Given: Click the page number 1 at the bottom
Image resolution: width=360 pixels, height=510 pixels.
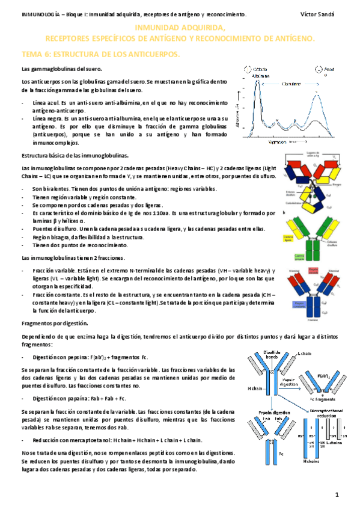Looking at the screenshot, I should (x=338, y=494).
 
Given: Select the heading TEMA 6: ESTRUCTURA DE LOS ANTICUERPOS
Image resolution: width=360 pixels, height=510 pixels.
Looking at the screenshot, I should (x=100, y=54).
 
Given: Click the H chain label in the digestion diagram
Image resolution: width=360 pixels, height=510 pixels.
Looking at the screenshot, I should (x=255, y=389).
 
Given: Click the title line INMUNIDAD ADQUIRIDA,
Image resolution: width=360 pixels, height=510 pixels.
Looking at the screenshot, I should (x=180, y=28).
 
